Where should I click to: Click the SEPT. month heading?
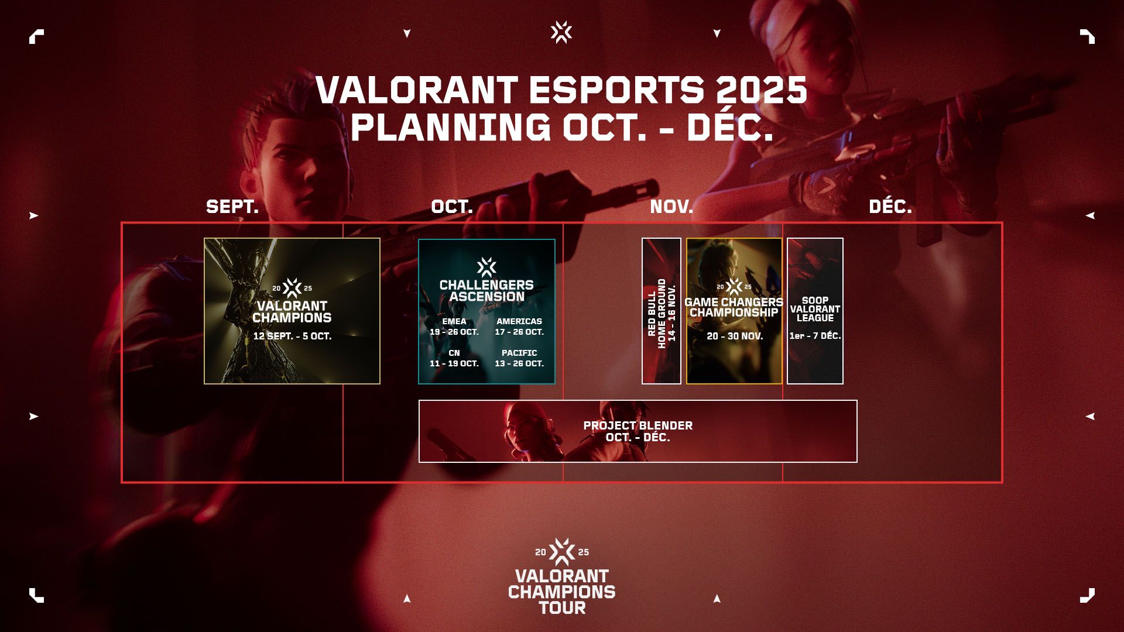[232, 207]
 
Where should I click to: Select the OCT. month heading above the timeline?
[451, 207]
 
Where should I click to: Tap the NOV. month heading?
[671, 207]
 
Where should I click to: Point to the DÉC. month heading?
[890, 206]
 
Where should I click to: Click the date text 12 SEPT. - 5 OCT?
[292, 336]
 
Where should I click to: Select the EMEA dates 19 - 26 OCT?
[454, 332]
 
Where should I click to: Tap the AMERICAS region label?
[519, 321]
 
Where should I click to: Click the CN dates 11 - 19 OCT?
[454, 363]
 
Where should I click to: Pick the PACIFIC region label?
[519, 353]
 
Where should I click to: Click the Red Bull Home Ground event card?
[662, 311]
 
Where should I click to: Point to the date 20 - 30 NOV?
[734, 336]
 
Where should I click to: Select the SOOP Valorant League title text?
[815, 309]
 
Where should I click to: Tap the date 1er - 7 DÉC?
[815, 336]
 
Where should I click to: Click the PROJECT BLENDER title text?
[638, 425]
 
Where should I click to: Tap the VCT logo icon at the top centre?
[561, 32]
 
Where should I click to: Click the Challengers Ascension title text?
[486, 291]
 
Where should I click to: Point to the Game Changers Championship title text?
[734, 307]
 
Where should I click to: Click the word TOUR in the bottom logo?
[562, 608]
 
